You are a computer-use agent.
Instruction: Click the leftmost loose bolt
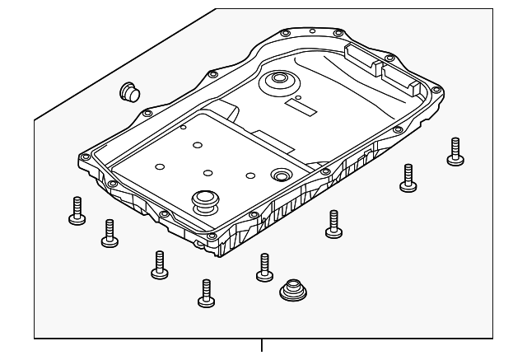point(75,212)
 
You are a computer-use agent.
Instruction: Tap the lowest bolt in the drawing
point(204,292)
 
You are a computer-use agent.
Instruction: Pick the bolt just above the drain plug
point(264,266)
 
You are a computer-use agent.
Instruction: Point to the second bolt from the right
point(408,176)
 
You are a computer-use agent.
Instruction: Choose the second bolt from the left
point(109,233)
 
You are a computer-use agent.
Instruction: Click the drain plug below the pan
point(291,291)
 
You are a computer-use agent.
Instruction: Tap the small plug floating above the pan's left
point(128,91)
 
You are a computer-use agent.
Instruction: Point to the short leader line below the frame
point(263,346)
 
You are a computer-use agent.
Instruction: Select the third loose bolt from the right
point(333,223)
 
